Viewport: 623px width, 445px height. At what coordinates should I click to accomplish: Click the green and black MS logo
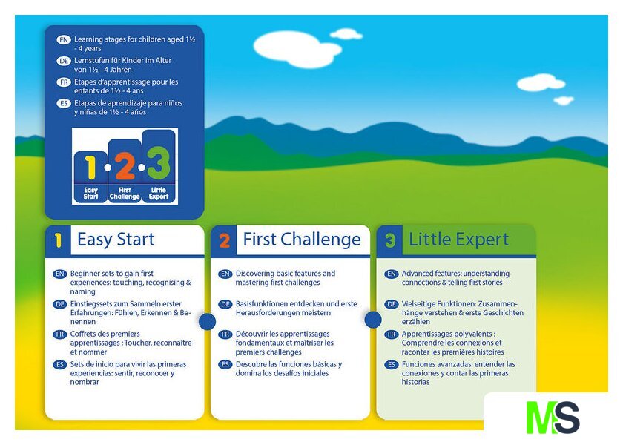coord(553,417)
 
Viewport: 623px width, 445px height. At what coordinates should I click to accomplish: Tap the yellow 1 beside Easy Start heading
coord(59,241)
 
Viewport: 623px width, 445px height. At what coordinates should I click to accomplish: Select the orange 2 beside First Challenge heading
coord(225,241)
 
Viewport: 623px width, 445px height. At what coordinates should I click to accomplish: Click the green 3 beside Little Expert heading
coord(390,241)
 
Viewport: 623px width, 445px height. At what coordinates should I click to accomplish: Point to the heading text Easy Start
coord(116,240)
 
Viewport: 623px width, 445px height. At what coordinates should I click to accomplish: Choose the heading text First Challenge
coord(302,240)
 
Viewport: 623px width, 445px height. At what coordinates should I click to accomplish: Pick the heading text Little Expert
coord(459,240)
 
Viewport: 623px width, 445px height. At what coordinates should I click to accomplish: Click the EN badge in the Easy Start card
coord(60,274)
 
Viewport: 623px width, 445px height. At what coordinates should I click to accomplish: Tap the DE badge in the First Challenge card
coord(225,304)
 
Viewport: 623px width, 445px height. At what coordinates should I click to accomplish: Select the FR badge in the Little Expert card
coord(392,334)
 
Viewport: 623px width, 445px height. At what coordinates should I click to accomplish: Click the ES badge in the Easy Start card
coord(60,364)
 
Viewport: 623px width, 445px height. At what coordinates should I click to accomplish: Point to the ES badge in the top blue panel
coord(64,103)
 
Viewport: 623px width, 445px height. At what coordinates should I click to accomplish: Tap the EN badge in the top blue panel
coord(64,40)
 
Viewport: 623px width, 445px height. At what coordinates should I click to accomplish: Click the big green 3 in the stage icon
coord(159,163)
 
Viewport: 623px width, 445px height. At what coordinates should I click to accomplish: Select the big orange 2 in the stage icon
coord(125,166)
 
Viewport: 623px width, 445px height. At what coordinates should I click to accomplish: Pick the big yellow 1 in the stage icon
coord(91,168)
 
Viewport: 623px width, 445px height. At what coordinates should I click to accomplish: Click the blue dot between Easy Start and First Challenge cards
coord(208,321)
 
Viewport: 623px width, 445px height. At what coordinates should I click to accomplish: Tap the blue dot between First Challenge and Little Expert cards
coord(373,320)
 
